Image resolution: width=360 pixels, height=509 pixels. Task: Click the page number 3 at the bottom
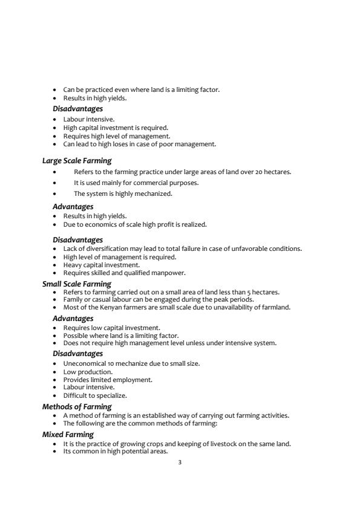pos(180,463)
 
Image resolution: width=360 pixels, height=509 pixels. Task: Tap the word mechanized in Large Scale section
pos(154,193)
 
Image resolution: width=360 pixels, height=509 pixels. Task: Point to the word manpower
pos(167,273)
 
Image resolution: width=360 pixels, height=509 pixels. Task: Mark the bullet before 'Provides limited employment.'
pos(55,380)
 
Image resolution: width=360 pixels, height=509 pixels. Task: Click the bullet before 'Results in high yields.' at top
pos(55,98)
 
